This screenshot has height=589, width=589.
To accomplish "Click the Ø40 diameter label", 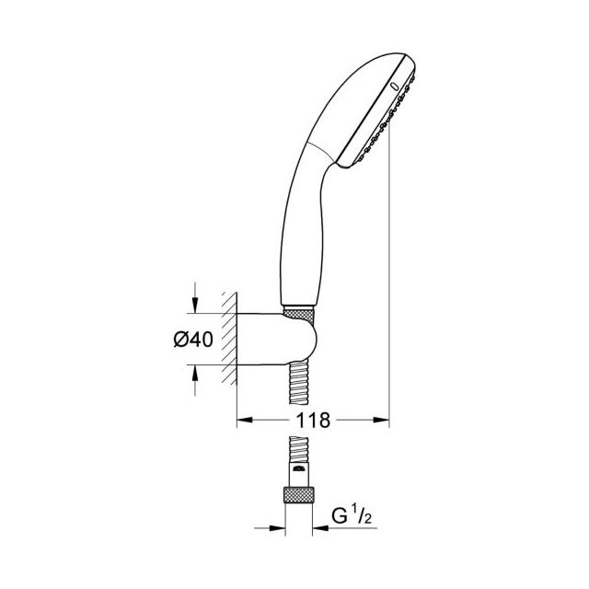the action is click(x=193, y=340).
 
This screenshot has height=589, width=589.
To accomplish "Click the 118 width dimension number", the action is click(x=313, y=420).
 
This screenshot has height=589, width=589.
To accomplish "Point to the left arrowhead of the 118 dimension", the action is click(x=245, y=420).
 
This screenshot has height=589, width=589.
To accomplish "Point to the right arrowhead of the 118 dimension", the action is click(x=381, y=420).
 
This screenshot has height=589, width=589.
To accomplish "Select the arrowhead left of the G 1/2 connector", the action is click(x=277, y=528).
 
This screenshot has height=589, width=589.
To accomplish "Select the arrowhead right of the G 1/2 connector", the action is click(x=320, y=528).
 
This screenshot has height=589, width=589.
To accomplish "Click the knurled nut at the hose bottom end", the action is click(x=298, y=494).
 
